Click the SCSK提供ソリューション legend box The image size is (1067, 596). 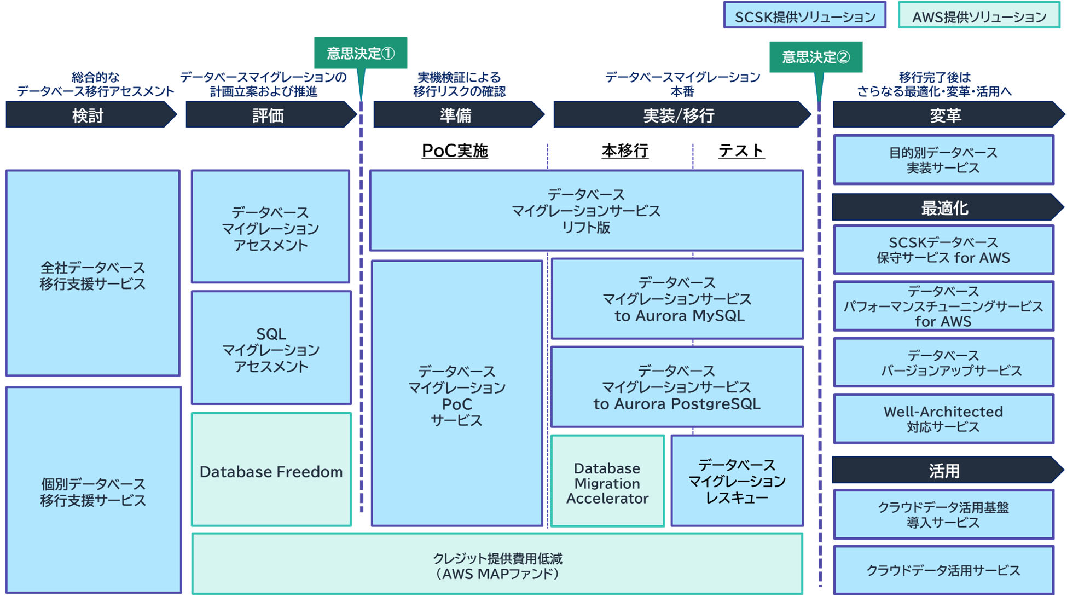click(x=804, y=15)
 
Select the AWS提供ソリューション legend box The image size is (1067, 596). click(x=978, y=15)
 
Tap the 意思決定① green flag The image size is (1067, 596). click(x=361, y=53)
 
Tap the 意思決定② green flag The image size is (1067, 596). click(x=815, y=57)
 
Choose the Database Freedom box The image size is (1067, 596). click(x=271, y=470)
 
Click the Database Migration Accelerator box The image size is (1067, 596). click(x=607, y=482)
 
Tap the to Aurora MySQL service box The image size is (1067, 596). click(x=677, y=299)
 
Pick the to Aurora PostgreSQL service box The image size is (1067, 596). click(x=677, y=387)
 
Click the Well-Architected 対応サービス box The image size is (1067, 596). click(x=943, y=419)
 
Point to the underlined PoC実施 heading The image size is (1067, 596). click(x=455, y=151)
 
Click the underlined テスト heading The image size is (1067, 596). click(x=741, y=151)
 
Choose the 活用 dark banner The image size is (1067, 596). click(x=945, y=470)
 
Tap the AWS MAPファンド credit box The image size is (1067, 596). click(x=497, y=564)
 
